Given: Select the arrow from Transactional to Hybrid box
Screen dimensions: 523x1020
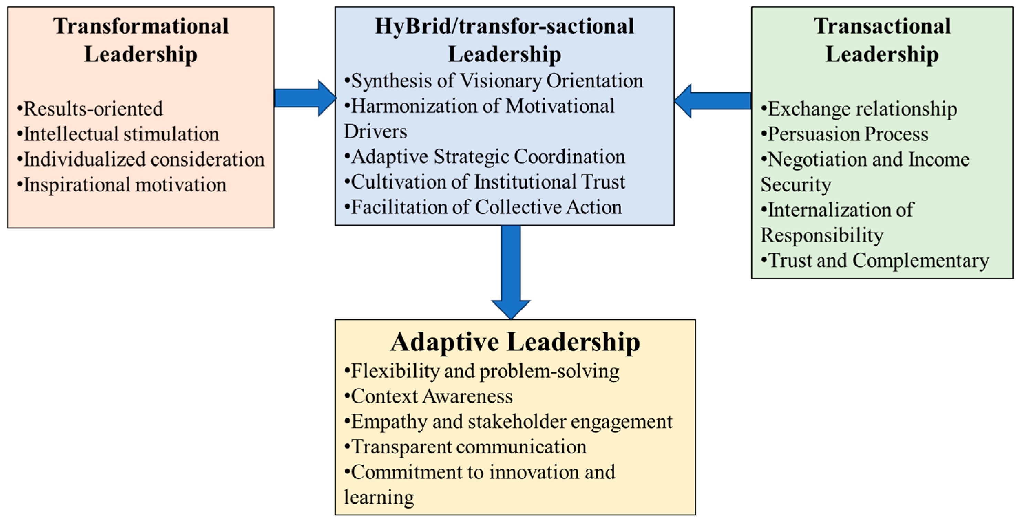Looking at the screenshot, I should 713,101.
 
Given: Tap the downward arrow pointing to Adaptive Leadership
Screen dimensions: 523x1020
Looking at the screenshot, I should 511,273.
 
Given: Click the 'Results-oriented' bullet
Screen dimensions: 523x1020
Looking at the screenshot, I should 90,109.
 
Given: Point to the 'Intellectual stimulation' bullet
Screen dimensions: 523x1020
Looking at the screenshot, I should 118,134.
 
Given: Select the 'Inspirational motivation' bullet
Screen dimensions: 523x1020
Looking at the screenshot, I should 122,185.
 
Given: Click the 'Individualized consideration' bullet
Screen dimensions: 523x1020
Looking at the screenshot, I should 141,160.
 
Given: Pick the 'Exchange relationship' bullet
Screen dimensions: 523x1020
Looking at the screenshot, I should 859,109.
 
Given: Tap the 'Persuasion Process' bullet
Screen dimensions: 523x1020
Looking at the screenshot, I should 844,134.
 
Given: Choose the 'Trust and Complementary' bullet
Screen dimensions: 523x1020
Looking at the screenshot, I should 875,260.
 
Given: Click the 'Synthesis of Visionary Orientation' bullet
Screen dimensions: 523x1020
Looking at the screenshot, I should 494,81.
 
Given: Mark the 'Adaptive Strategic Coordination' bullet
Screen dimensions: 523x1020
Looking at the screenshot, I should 485,157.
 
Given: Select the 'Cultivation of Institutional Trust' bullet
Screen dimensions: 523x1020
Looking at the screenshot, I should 485,182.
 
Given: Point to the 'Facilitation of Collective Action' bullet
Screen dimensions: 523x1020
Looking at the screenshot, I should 483,207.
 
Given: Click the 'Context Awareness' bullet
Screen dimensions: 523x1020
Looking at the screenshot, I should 429,396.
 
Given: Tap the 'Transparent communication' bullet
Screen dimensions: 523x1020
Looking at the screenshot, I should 466,447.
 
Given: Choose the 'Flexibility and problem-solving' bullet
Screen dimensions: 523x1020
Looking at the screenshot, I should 482,371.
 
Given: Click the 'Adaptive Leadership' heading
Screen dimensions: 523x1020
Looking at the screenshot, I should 515,342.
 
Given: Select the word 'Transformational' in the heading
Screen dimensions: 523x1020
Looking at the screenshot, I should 141,26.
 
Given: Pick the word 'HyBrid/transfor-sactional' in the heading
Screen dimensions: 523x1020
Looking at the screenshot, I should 504,26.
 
